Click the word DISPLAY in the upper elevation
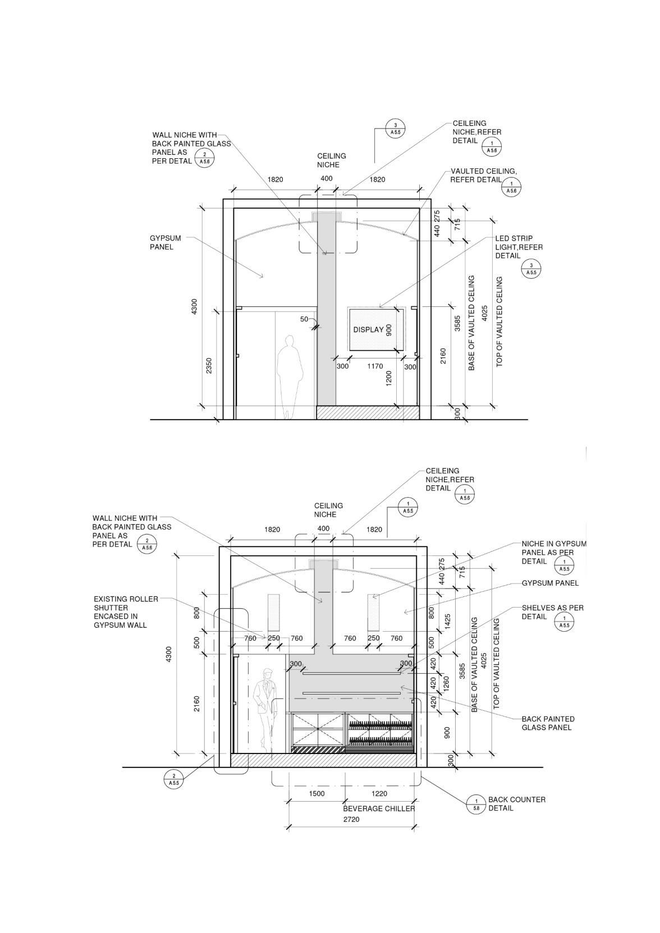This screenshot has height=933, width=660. tap(368, 330)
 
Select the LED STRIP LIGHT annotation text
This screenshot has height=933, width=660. tap(518, 247)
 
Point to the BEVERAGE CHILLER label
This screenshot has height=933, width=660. tap(379, 808)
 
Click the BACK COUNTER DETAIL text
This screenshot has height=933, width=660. tap(516, 803)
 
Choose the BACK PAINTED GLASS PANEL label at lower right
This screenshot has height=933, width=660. tap(548, 723)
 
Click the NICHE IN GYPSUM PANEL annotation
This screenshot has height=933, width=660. tap(553, 552)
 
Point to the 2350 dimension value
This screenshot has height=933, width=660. tap(209, 366)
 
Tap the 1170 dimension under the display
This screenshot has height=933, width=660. tap(375, 366)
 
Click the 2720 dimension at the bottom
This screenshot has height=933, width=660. tap(351, 820)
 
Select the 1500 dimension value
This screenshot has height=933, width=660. tap(317, 793)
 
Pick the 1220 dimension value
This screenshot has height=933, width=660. tap(379, 793)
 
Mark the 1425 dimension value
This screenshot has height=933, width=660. tap(447, 622)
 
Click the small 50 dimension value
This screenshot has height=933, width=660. tap(304, 319)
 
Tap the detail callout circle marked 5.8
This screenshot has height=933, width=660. tap(476, 805)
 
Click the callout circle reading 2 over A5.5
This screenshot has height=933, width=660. tap(173, 779)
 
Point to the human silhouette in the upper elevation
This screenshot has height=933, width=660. tap(290, 376)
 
